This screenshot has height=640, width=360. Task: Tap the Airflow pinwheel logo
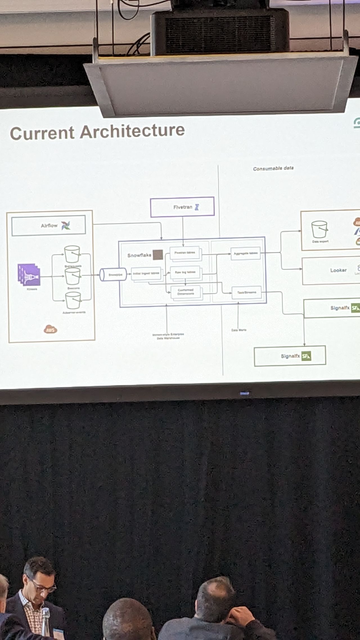[66, 225]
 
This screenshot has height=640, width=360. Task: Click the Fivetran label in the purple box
[183, 207]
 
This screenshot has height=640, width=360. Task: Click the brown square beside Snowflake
[158, 255]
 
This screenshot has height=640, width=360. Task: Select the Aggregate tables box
[245, 253]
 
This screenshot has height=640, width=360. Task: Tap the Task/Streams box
[246, 293]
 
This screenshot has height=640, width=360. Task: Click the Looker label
[338, 270]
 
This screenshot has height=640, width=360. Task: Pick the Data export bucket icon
[319, 230]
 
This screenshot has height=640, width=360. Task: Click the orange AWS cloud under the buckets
[51, 329]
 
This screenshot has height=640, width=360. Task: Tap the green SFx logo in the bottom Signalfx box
[306, 356]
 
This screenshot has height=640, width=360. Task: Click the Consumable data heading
[273, 169]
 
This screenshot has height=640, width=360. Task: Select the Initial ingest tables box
[146, 273]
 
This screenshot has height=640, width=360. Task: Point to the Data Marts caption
[239, 330]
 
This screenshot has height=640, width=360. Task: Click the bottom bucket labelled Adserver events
[73, 300]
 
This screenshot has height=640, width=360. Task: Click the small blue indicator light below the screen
[244, 393]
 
